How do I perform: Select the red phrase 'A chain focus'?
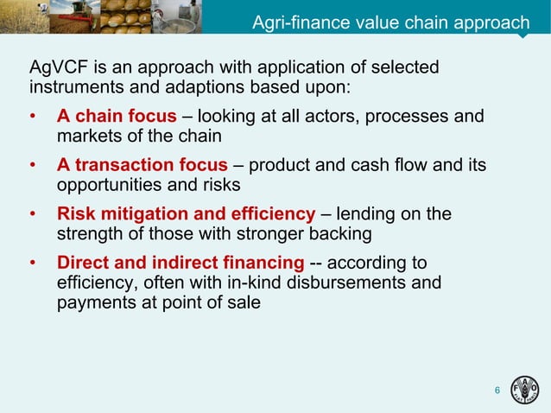(x=117, y=116)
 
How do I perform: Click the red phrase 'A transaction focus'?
(x=142, y=165)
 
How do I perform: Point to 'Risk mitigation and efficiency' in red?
(x=186, y=214)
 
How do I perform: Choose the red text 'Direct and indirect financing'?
(x=180, y=263)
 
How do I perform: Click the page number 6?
(x=497, y=392)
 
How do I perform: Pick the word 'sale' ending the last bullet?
(x=244, y=302)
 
